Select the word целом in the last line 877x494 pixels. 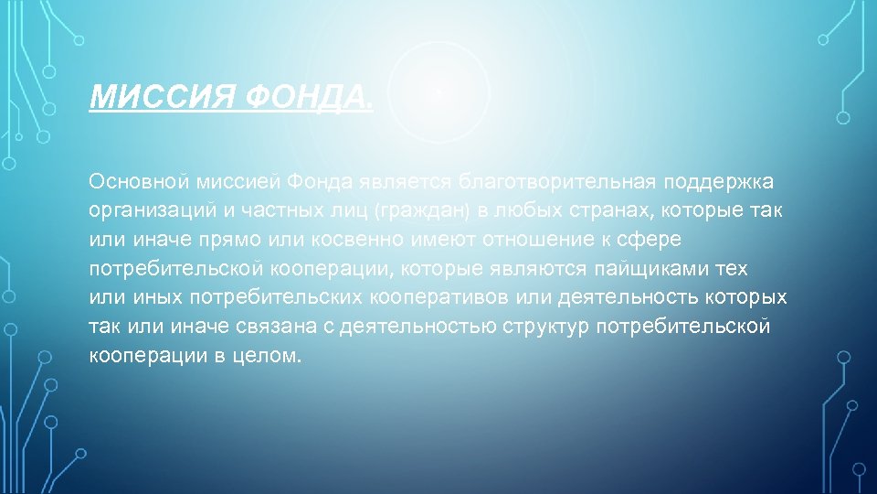[x=271, y=357]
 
